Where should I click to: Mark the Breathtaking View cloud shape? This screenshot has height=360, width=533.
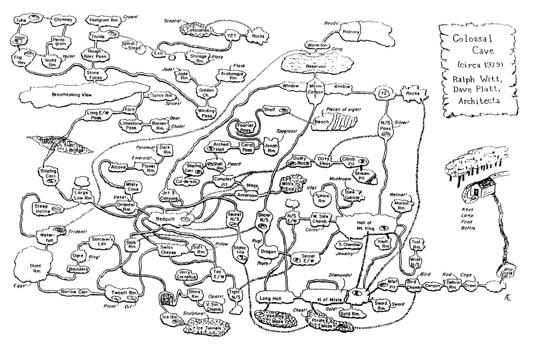tap(71, 95)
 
